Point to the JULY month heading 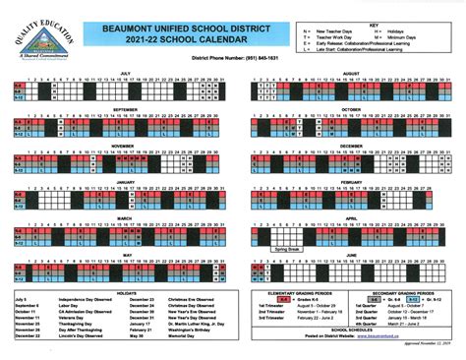click(x=125, y=73)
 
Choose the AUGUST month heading click(x=350, y=73)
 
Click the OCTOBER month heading click(x=350, y=109)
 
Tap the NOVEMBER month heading click(x=125, y=146)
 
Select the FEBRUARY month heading click(x=350, y=182)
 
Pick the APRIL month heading click(x=350, y=218)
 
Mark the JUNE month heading click(x=350, y=255)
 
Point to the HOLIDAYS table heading click(x=125, y=291)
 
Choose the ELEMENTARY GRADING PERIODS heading click(x=296, y=292)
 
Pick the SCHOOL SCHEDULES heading click(x=350, y=329)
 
